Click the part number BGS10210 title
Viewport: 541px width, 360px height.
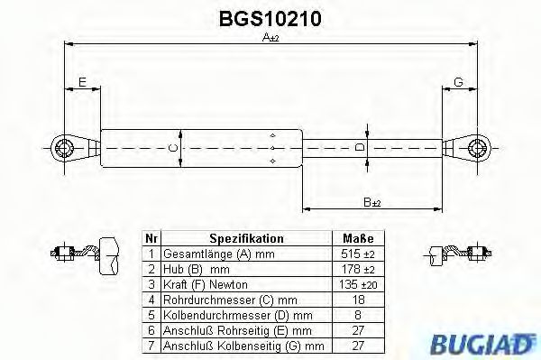click(270, 17)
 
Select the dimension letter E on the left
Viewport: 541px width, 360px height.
click(82, 82)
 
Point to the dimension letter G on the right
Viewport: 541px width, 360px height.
click(458, 82)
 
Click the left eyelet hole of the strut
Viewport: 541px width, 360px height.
click(65, 146)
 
